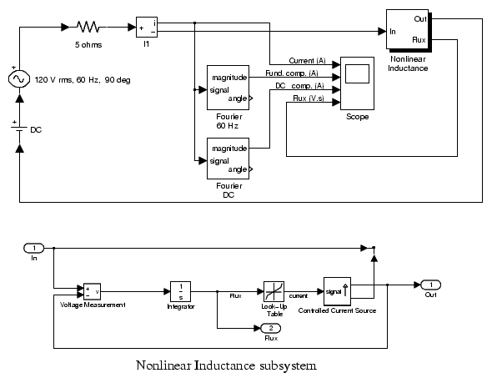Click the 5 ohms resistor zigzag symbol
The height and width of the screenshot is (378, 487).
click(x=88, y=27)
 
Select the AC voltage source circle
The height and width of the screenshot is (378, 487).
click(x=19, y=79)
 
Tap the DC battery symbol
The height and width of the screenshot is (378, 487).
click(x=19, y=129)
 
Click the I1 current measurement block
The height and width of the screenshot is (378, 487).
click(x=147, y=27)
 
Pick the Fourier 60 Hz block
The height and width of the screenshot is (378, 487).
click(x=228, y=88)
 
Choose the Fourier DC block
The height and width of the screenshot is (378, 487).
click(x=228, y=159)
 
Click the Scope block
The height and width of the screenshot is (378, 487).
click(x=357, y=83)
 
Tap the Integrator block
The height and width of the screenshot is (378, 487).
click(x=180, y=291)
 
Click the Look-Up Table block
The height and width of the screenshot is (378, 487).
click(x=274, y=291)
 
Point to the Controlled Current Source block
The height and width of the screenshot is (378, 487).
click(x=337, y=291)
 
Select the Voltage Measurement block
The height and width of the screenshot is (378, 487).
click(x=92, y=291)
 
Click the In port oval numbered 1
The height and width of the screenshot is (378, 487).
click(x=34, y=248)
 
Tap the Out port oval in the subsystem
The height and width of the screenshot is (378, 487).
click(x=430, y=285)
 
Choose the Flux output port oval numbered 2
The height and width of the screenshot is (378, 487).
click(x=270, y=328)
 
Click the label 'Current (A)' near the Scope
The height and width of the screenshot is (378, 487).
click(x=307, y=61)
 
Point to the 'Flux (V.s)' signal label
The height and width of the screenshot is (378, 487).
click(x=309, y=98)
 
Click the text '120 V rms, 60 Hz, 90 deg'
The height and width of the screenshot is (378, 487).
click(x=83, y=80)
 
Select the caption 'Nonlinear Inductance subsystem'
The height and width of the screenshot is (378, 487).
click(x=227, y=365)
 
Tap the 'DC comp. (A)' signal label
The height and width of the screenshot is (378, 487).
click(x=299, y=86)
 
